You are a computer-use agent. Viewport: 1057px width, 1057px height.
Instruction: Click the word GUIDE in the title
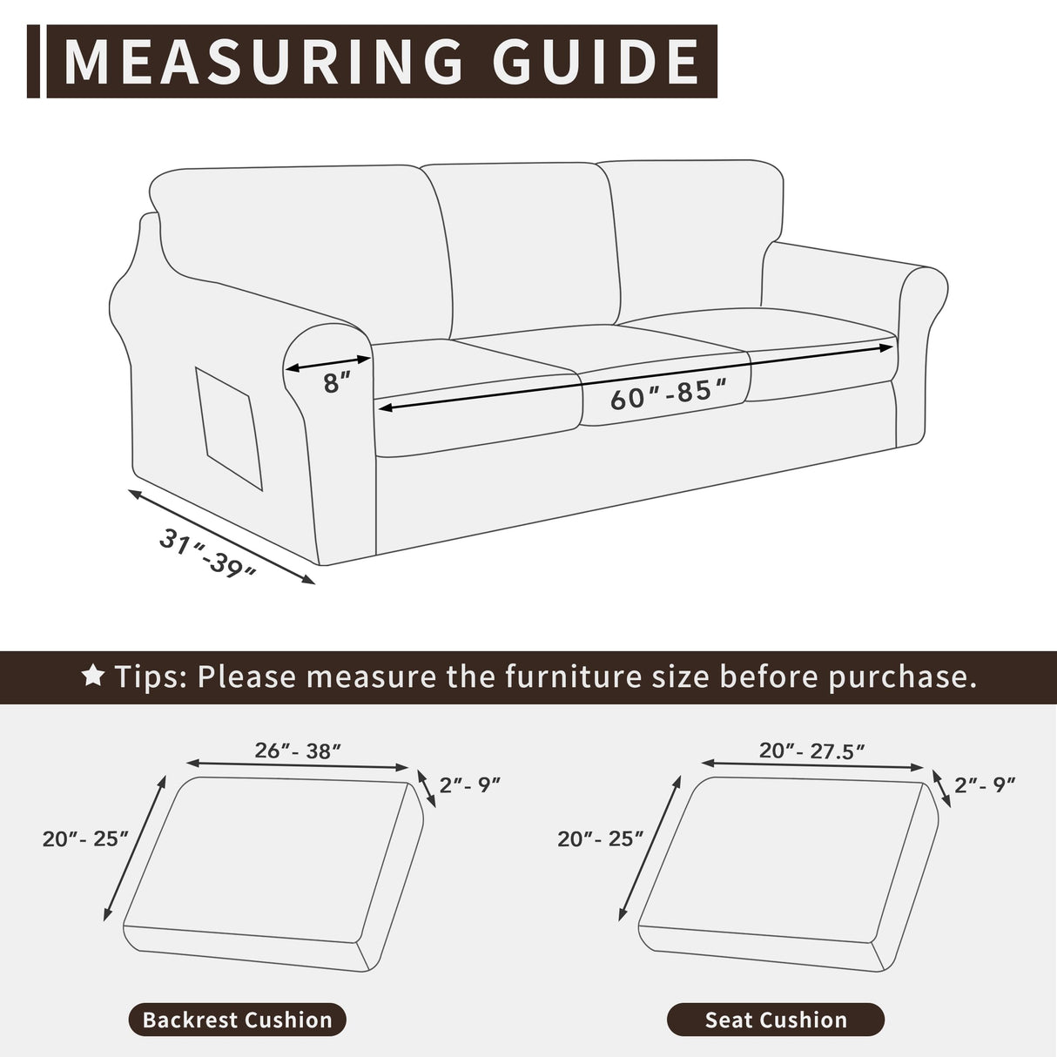[596, 61]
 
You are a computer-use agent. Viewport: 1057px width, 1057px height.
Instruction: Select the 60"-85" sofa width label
[667, 396]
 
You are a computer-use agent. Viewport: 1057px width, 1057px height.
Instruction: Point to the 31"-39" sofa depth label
[209, 554]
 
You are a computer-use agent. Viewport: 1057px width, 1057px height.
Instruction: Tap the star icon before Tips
[93, 676]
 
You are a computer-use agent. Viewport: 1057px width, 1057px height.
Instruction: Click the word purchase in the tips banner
[900, 677]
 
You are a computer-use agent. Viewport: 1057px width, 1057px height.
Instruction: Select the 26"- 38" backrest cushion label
[298, 751]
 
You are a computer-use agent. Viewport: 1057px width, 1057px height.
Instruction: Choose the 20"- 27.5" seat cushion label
[811, 751]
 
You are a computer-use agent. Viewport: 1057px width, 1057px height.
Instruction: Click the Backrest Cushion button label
[237, 1020]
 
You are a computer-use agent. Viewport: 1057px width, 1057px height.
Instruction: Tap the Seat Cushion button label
[776, 1020]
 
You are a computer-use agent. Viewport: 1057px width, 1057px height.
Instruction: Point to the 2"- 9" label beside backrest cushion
[470, 784]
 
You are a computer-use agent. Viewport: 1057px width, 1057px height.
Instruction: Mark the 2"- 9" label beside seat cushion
[985, 784]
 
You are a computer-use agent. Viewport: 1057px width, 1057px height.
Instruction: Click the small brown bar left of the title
[33, 61]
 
